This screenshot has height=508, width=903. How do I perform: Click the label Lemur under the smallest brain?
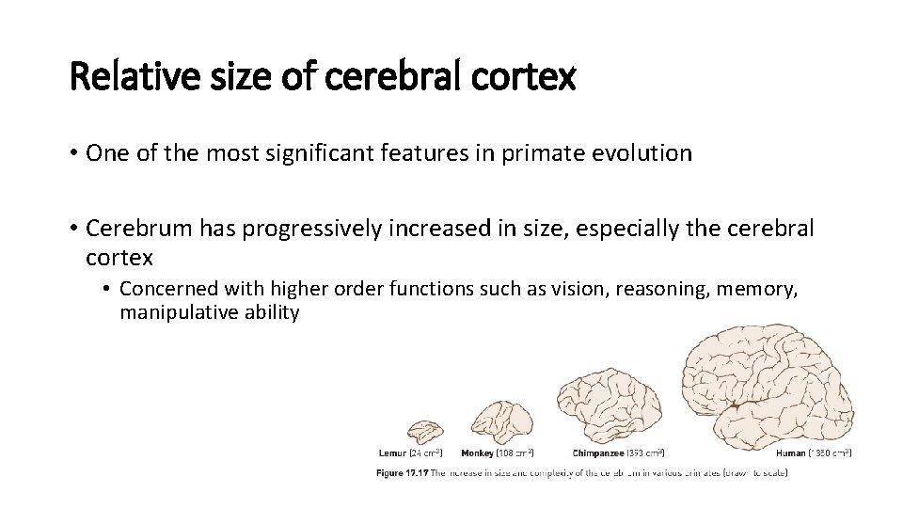click(x=392, y=453)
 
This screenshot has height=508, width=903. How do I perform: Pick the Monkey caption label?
click(x=479, y=453)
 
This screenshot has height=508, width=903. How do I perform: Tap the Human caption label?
click(x=790, y=453)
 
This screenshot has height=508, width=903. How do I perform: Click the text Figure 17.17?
click(x=403, y=471)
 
